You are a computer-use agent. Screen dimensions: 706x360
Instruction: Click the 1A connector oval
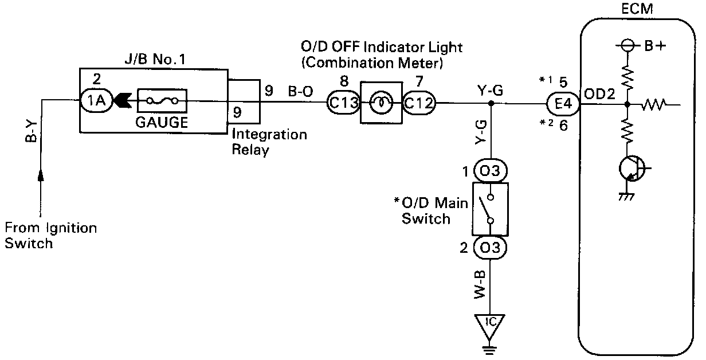[96, 100]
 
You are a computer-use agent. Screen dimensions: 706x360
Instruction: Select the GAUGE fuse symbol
[162, 101]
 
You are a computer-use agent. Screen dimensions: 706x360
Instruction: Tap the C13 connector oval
[344, 103]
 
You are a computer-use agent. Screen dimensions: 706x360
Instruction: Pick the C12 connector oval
[419, 103]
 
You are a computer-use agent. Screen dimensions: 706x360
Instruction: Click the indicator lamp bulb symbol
[382, 103]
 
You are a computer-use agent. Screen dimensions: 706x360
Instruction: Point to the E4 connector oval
[563, 104]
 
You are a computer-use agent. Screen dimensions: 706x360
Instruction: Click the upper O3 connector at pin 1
[491, 171]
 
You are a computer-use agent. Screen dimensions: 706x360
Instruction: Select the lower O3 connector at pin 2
[490, 248]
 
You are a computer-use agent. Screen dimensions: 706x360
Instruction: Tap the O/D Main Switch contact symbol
[490, 209]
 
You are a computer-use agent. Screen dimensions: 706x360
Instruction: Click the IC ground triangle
[489, 326]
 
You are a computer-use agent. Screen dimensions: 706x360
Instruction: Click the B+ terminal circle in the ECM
[627, 46]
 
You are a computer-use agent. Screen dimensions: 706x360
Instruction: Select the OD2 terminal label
[599, 94]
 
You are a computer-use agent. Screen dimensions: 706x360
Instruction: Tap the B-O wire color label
[300, 91]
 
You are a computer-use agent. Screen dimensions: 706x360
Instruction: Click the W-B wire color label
[480, 285]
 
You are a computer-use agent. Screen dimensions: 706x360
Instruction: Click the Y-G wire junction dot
[491, 103]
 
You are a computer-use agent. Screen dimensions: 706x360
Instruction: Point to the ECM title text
[637, 9]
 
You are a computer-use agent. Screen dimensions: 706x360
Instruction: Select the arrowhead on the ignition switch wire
[41, 175]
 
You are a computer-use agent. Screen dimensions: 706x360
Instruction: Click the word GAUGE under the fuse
[162, 122]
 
